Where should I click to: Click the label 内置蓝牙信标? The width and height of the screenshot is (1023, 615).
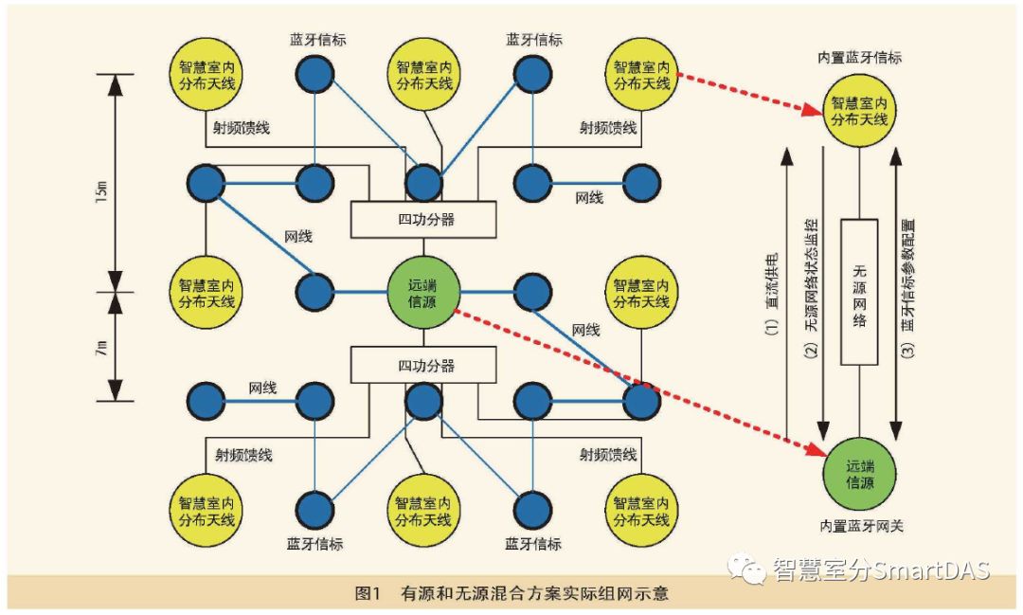859,59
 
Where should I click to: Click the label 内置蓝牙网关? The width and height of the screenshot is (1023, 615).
859,524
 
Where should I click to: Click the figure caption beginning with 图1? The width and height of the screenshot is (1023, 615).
511,594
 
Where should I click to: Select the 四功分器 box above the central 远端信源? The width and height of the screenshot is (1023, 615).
423,220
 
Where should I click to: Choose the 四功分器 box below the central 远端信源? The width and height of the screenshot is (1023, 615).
423,365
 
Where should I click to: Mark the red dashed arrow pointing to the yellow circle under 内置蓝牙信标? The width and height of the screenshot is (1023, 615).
744,94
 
